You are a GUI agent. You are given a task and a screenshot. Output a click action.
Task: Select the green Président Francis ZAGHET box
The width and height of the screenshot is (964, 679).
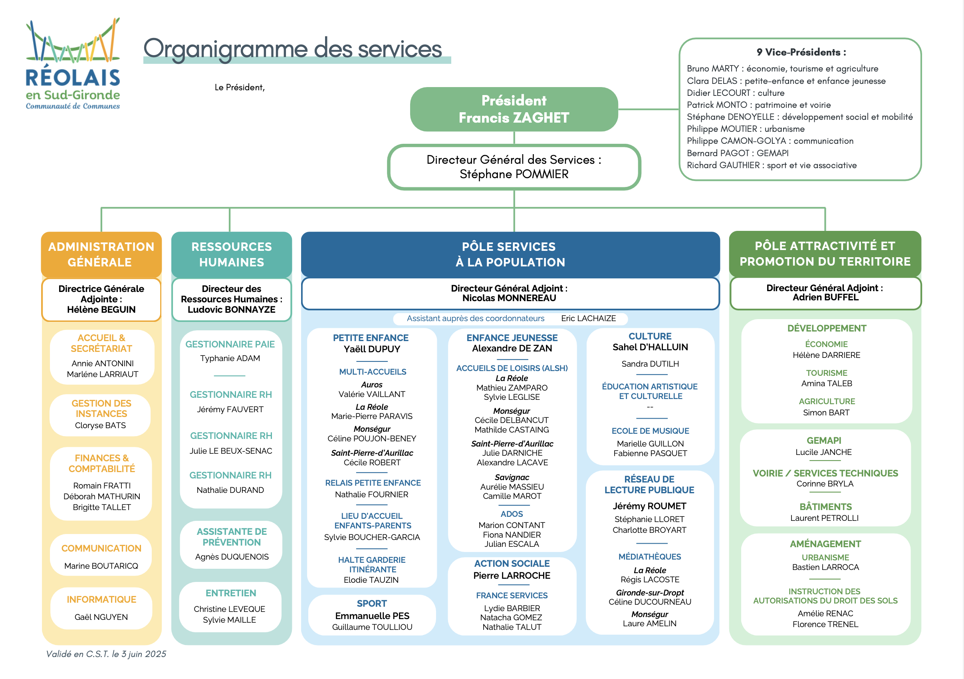[x=514, y=109]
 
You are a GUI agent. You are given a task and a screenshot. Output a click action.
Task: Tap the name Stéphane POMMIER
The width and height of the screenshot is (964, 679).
[x=514, y=174]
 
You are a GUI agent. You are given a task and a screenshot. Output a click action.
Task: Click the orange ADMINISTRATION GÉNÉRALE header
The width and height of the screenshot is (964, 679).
[x=101, y=254]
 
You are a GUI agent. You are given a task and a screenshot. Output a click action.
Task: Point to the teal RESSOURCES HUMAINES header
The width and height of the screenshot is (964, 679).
[x=231, y=254]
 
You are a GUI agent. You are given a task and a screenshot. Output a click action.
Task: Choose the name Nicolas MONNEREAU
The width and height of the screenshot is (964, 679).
[x=509, y=298]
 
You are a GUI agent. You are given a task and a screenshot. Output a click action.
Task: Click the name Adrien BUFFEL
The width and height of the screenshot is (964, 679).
[x=825, y=297]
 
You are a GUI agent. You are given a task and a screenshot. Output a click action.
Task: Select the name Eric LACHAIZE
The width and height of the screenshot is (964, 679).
[x=588, y=318]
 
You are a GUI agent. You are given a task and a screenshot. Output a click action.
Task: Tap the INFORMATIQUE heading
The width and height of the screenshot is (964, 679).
[x=101, y=599]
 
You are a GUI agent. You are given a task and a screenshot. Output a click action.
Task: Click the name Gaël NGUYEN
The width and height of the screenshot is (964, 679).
[x=101, y=617]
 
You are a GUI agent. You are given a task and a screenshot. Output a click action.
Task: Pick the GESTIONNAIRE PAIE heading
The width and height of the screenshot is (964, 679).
[x=230, y=344]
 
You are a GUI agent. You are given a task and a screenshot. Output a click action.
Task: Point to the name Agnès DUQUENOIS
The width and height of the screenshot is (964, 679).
[x=232, y=557]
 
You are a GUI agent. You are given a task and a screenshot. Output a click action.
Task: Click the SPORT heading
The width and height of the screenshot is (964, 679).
[x=371, y=604]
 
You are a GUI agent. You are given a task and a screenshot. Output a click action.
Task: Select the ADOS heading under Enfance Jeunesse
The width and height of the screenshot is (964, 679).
[x=512, y=514]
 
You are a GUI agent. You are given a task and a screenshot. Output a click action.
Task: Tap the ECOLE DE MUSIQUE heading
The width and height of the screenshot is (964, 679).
[x=650, y=431]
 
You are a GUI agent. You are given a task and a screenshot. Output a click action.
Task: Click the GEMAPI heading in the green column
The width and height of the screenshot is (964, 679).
[x=824, y=441]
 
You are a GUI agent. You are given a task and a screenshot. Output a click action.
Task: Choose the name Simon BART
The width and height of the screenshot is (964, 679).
[x=826, y=413]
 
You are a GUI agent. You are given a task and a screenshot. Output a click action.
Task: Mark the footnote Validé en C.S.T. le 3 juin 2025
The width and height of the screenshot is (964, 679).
[x=106, y=654]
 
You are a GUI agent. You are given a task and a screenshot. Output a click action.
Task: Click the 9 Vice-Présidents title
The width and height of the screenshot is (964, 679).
[x=801, y=52]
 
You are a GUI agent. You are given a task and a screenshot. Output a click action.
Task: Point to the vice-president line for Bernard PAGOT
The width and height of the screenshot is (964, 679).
[x=737, y=153]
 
